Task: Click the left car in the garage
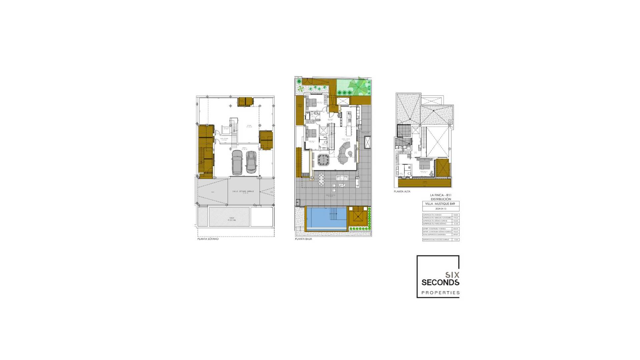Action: click(237, 162)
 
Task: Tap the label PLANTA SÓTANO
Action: click(208, 239)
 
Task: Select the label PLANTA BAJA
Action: click(303, 239)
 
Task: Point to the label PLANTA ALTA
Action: click(402, 192)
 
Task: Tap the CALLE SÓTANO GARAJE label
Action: click(243, 192)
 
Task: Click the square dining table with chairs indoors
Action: click(323, 160)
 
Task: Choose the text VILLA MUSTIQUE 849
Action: click(440, 204)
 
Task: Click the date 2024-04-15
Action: click(440, 209)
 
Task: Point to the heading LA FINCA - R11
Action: click(440, 195)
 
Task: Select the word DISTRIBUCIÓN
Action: click(440, 199)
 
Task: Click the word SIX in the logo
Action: click(452, 275)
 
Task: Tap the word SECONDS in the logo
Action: click(440, 283)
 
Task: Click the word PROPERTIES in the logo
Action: click(440, 293)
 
